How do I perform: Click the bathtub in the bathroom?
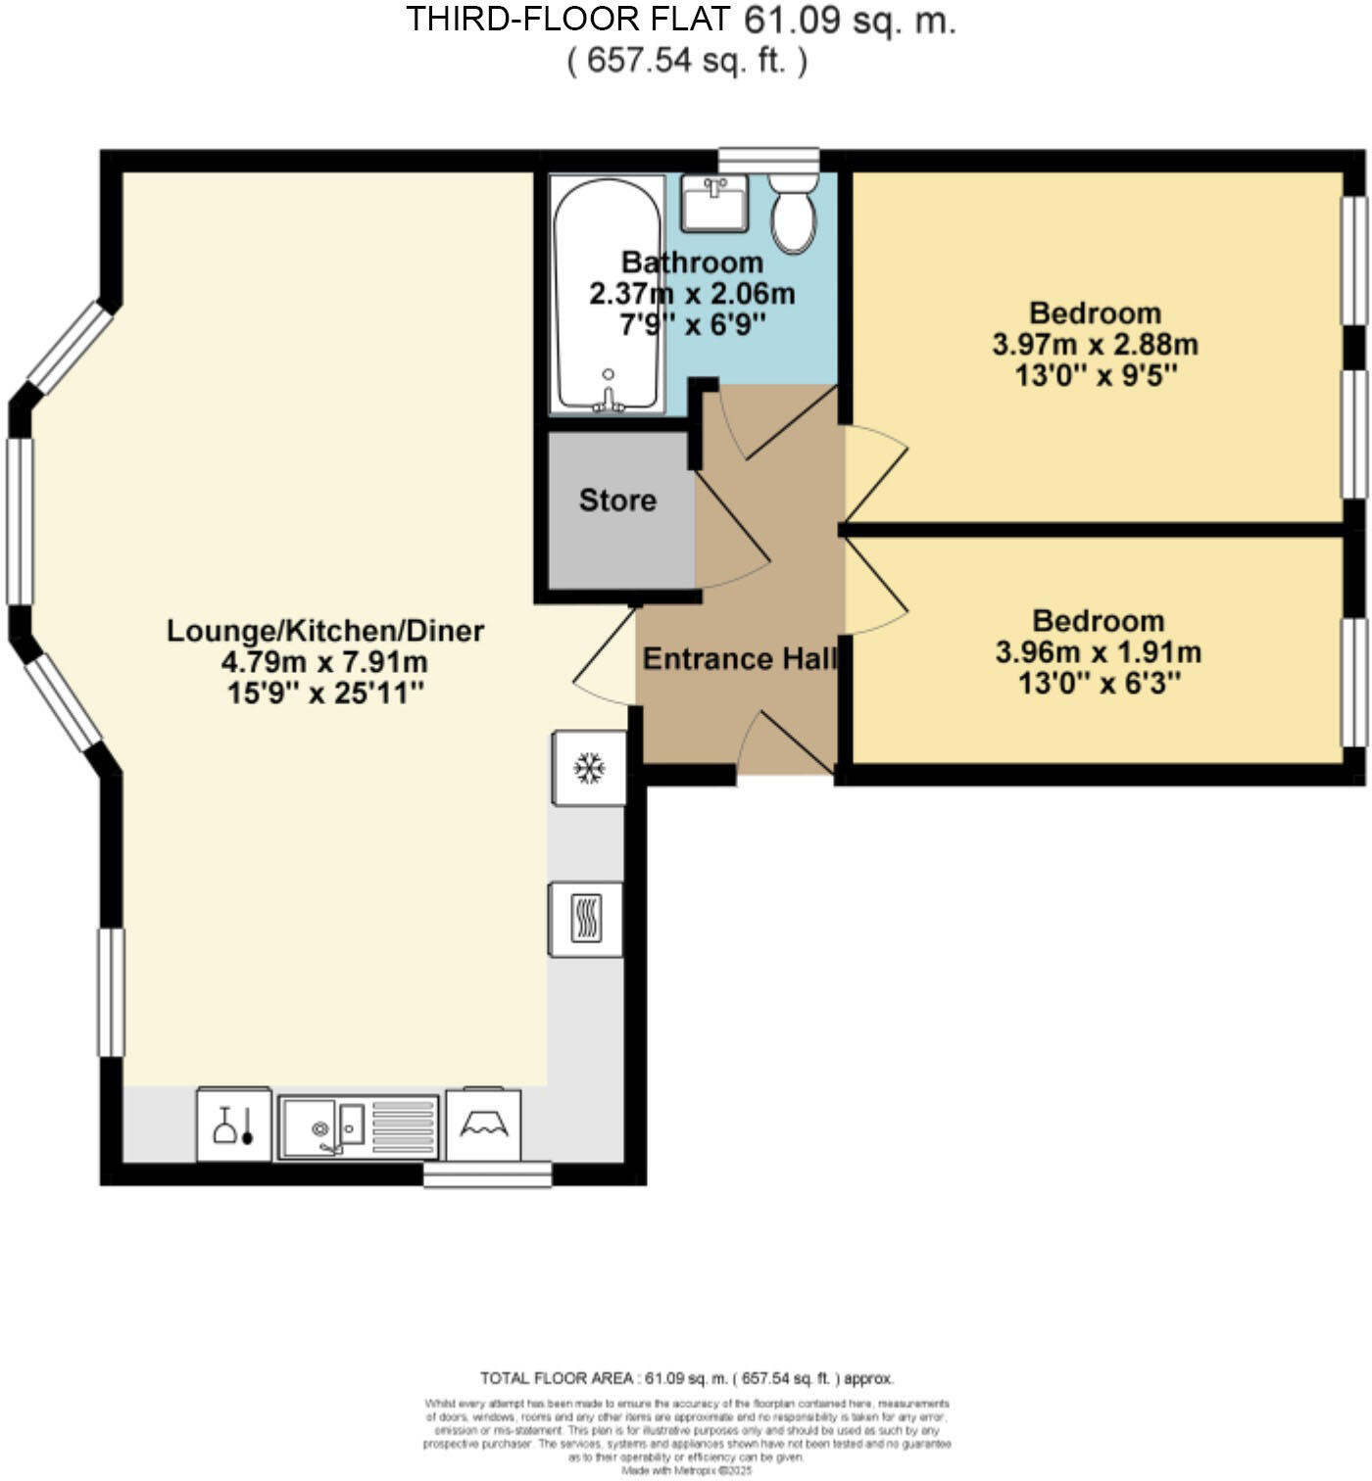click(607, 294)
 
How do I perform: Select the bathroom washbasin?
click(714, 203)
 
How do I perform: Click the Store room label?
click(617, 501)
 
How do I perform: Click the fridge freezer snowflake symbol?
click(589, 769)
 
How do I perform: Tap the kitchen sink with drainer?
click(358, 1127)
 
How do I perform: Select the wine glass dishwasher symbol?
click(234, 1125)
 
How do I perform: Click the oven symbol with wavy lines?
click(585, 919)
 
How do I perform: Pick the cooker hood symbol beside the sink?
click(483, 1125)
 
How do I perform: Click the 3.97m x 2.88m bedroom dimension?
click(1095, 345)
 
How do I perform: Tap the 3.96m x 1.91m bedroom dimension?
click(1098, 652)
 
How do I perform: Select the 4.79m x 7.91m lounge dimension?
click(324, 662)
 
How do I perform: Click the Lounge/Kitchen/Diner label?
click(324, 631)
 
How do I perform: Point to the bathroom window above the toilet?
click(768, 160)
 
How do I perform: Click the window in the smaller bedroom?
click(1354, 682)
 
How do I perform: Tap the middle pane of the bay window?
click(20, 521)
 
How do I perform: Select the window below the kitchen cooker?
click(487, 1173)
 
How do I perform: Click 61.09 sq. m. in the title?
click(850, 20)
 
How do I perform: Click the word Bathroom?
click(692, 263)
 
